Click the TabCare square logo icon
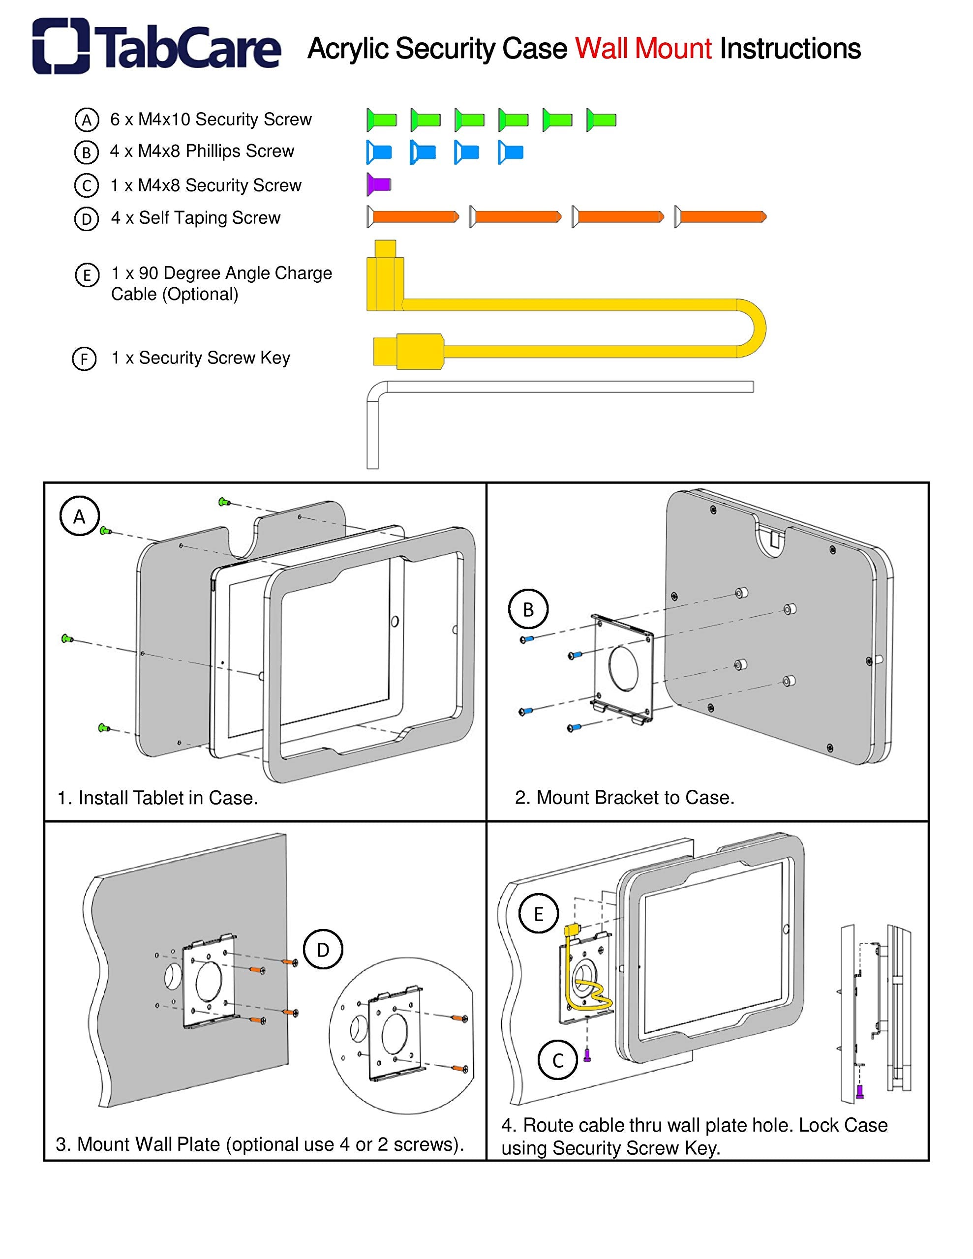click(61, 46)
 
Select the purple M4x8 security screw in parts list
click(379, 184)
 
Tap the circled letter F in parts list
click(84, 359)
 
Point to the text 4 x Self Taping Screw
click(195, 218)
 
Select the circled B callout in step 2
click(528, 609)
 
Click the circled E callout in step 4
click(538, 914)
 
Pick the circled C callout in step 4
click(557, 1060)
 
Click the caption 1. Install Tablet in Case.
click(157, 798)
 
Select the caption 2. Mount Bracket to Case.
click(625, 797)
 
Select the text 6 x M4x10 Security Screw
click(211, 120)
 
